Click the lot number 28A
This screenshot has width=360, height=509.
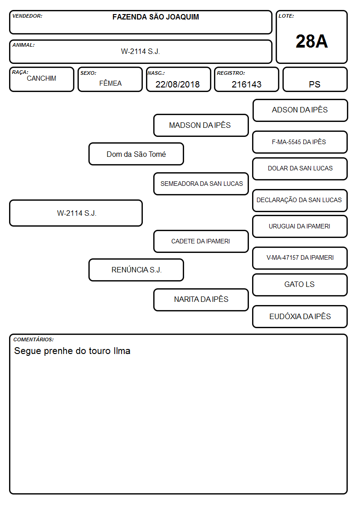click(311, 42)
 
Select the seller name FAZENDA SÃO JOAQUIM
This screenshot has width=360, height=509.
click(156, 17)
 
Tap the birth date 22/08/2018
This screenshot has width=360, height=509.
click(178, 84)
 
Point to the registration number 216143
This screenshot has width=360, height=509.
click(246, 84)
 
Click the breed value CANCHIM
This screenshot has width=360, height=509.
click(42, 78)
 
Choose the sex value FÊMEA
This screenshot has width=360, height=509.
click(110, 83)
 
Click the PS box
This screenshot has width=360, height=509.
click(315, 79)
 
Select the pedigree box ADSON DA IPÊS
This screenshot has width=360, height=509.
click(300, 111)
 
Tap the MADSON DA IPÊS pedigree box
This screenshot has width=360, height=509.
click(201, 125)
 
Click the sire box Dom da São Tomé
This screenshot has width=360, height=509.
click(136, 154)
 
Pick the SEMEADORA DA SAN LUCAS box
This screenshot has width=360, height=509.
click(201, 184)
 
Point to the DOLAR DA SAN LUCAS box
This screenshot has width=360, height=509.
click(300, 169)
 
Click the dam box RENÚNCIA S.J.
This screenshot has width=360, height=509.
click(136, 270)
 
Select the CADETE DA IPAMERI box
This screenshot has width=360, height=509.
click(201, 241)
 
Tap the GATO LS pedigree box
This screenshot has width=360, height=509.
click(300, 285)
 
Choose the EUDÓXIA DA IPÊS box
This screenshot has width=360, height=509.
click(300, 316)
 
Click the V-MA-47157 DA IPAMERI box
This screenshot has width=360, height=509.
click(300, 258)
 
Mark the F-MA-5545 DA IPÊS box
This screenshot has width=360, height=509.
click(300, 142)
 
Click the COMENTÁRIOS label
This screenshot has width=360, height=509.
click(34, 339)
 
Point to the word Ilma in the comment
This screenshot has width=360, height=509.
click(122, 351)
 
